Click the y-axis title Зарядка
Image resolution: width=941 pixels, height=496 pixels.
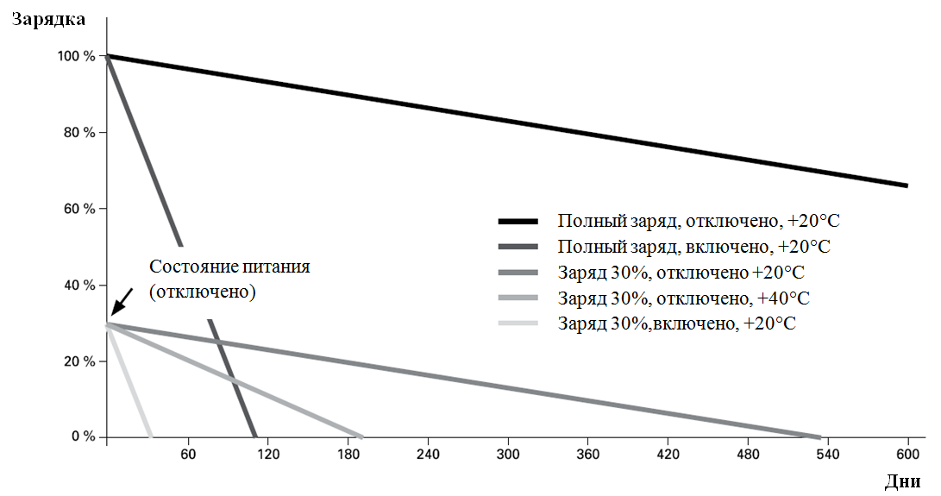pos(48,19)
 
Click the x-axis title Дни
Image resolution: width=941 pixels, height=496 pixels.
pos(902,481)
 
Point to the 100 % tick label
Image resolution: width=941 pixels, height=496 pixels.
pos(76,56)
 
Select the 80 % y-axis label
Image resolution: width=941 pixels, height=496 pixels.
pos(79,133)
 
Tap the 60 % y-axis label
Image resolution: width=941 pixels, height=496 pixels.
pos(79,209)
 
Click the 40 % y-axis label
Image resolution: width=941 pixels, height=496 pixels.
pos(79,286)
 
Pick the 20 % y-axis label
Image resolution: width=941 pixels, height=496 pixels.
pos(79,361)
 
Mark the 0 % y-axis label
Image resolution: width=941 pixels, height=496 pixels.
pos(84,436)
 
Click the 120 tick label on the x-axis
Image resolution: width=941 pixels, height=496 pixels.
pos(267,454)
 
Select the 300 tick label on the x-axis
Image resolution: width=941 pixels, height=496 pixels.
pos(508,454)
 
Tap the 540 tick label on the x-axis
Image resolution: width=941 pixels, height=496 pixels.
pos(827,454)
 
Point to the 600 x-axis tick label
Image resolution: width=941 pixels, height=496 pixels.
pos(907,454)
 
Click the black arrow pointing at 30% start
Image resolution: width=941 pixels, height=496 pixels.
pos(122,301)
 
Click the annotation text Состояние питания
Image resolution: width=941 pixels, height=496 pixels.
pos(229,266)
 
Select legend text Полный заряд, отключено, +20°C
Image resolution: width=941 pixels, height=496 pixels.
pos(699,221)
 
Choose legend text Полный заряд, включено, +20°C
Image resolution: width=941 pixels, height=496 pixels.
pos(693,247)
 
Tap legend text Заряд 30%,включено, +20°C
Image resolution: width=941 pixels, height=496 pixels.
pos(676,323)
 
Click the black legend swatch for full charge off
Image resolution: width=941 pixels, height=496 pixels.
pos(518,222)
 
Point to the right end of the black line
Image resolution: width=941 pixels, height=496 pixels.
pos(906,185)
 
